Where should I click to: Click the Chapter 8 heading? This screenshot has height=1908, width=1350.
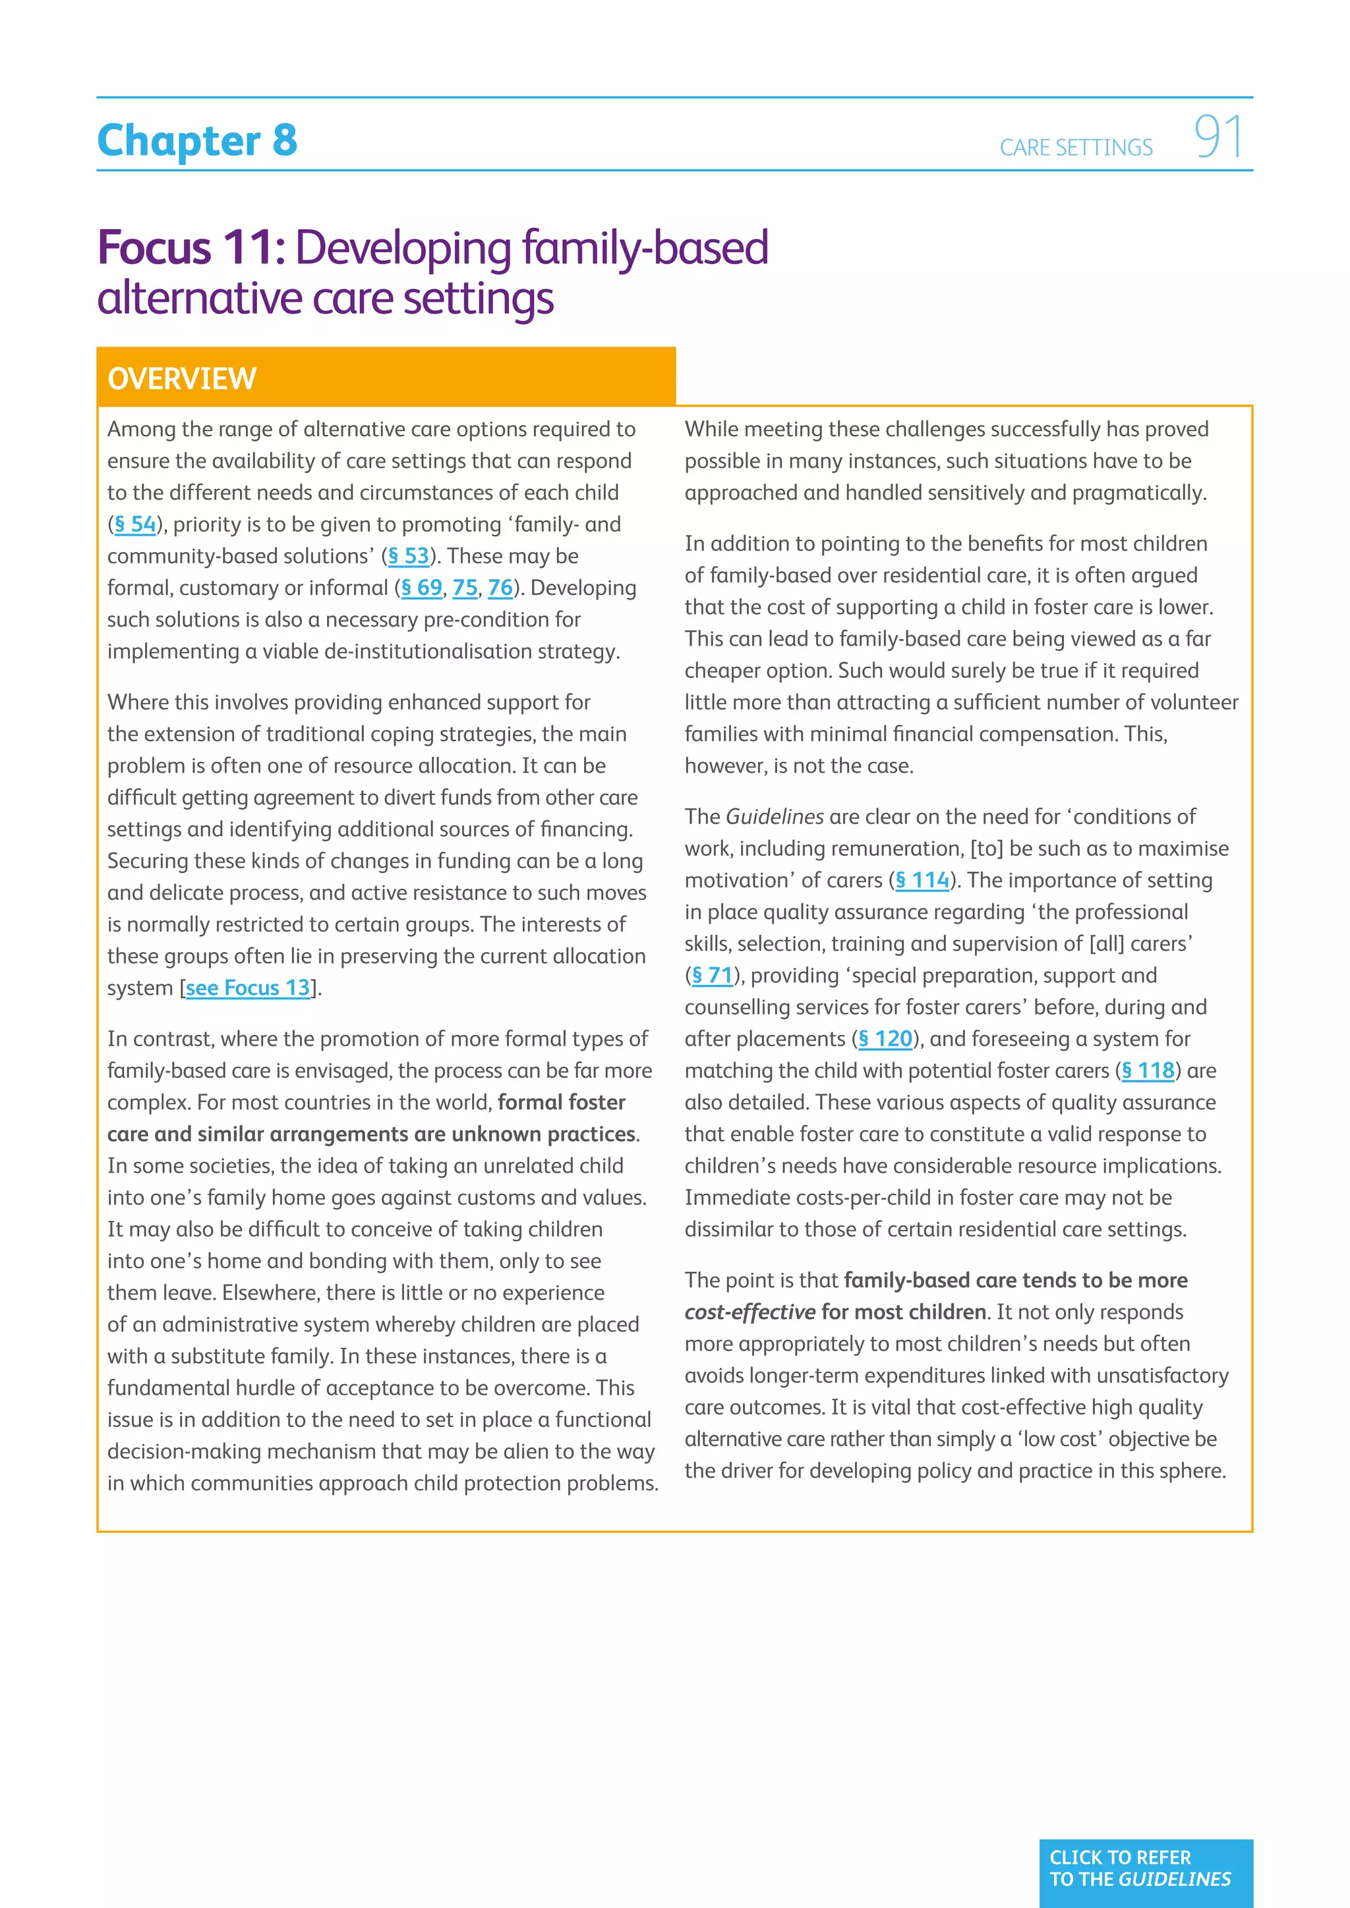[x=197, y=140]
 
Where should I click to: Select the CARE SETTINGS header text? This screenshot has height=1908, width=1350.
[x=1076, y=148]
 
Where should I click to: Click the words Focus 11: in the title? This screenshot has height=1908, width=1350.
[x=191, y=248]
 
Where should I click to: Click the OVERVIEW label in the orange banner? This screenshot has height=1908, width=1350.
[x=181, y=379]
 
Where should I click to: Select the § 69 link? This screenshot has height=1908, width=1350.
[x=421, y=588]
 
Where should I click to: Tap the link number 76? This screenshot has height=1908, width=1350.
[x=500, y=588]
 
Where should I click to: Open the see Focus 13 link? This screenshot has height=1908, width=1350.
[x=248, y=988]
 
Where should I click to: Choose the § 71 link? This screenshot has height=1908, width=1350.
[x=713, y=976]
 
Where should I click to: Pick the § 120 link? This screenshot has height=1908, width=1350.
[x=885, y=1039]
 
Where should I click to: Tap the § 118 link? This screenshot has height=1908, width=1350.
[x=1148, y=1071]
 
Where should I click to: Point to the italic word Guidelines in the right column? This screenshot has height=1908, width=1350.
[x=775, y=817]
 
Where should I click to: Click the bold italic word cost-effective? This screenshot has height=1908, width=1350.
[x=749, y=1312]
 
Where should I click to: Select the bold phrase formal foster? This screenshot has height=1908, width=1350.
[x=561, y=1103]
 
